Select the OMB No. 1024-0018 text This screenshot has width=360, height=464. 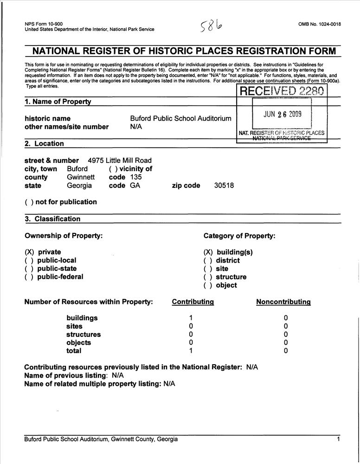(320, 24)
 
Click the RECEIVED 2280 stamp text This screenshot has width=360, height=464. (282, 90)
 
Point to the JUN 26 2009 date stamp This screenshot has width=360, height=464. (283, 114)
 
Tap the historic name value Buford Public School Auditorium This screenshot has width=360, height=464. (180, 118)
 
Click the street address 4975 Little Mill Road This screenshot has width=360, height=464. (119, 161)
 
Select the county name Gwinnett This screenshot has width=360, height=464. (81, 177)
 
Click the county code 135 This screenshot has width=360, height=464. (136, 177)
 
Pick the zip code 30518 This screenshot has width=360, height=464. (224, 186)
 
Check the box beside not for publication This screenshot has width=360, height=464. (29, 202)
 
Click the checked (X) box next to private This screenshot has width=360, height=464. (29, 252)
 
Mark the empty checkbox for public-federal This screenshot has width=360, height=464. (29, 277)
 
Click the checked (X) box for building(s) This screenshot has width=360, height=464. (208, 252)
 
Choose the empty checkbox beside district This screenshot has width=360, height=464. (208, 261)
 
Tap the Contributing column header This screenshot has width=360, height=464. (193, 302)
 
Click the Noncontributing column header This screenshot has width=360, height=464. (283, 302)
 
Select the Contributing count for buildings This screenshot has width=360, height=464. (191, 318)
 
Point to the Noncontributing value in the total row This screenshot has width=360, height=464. (286, 351)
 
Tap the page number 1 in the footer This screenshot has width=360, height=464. (338, 439)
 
